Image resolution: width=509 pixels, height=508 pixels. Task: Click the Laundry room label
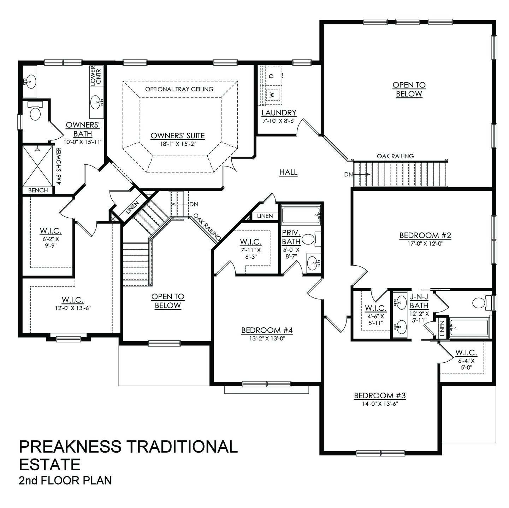tap(279, 113)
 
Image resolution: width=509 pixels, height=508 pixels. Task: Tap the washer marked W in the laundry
tap(272, 95)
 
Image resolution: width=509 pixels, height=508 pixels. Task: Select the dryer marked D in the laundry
tap(272, 75)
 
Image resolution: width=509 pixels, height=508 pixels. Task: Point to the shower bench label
tap(38, 190)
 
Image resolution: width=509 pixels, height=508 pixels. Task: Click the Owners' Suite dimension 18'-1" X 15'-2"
tap(178, 144)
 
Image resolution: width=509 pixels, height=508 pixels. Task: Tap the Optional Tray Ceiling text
tap(179, 89)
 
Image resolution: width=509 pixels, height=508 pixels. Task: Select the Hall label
tap(288, 172)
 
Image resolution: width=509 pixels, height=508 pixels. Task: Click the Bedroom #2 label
tap(425, 235)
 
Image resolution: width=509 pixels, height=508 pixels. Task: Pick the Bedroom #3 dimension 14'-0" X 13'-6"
tap(380, 404)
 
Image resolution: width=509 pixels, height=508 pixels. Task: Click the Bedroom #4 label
tap(267, 330)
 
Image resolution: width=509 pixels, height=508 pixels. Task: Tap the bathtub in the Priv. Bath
tap(301, 214)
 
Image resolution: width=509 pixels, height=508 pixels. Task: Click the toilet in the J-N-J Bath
tap(479, 303)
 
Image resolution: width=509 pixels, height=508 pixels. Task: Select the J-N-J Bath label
tap(419, 302)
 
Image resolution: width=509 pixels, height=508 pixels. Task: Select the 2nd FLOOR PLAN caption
tap(65, 480)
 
